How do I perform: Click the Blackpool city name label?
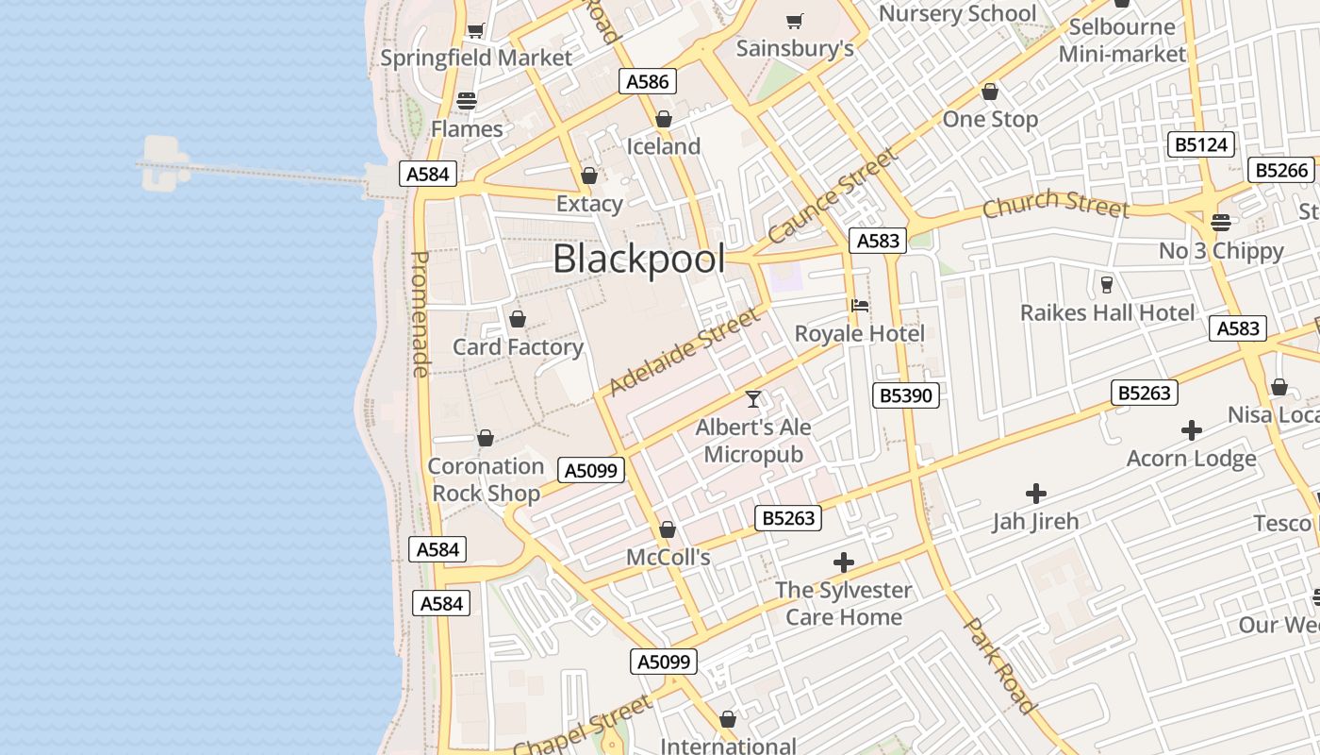(x=638, y=260)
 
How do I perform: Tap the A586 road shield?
(x=649, y=82)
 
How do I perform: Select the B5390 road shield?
(x=906, y=395)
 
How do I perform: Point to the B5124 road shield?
(x=1200, y=144)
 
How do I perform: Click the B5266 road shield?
(x=1282, y=170)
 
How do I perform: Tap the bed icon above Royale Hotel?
(x=859, y=306)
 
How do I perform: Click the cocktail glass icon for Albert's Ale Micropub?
(x=753, y=399)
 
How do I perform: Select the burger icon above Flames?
(x=467, y=100)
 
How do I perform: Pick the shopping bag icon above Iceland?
(x=664, y=119)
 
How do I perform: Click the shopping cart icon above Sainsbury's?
(x=795, y=21)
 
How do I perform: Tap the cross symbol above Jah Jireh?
(x=1035, y=493)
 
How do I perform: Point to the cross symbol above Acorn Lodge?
(x=1192, y=430)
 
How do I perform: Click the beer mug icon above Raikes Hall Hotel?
(x=1107, y=284)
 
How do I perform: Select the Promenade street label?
(x=421, y=313)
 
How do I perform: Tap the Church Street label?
(x=1055, y=203)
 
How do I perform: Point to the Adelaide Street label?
(x=684, y=352)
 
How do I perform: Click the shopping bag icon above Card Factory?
(x=517, y=319)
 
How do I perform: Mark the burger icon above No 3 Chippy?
(x=1221, y=223)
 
